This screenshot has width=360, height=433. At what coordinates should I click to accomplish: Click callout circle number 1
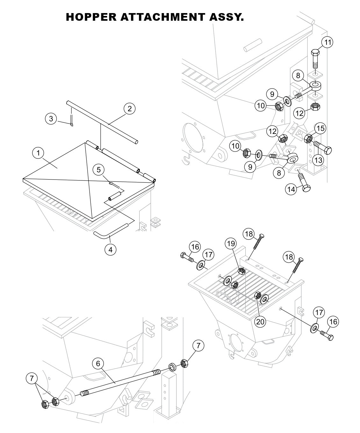pyautogui.click(x=39, y=153)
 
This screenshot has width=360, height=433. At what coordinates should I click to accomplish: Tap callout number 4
pyautogui.click(x=111, y=249)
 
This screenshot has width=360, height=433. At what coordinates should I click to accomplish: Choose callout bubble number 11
pyautogui.click(x=327, y=42)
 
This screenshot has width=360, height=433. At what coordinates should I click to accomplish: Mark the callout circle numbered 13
pyautogui.click(x=318, y=160)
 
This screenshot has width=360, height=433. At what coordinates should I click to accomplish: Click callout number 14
pyautogui.click(x=291, y=189)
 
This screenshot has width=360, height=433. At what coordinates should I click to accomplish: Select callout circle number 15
pyautogui.click(x=320, y=128)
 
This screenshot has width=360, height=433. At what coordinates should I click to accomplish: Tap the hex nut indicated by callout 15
pyautogui.click(x=308, y=138)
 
